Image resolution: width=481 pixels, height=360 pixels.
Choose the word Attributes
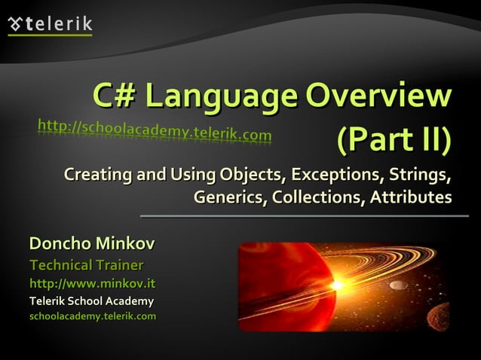[410, 198]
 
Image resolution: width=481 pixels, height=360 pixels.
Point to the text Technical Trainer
[86, 265]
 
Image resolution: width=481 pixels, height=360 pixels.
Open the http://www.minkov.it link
[92, 284]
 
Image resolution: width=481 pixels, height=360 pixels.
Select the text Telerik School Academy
[91, 301]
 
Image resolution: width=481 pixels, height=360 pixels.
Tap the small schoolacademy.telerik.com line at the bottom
[92, 316]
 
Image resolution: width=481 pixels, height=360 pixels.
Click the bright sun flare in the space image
[337, 285]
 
